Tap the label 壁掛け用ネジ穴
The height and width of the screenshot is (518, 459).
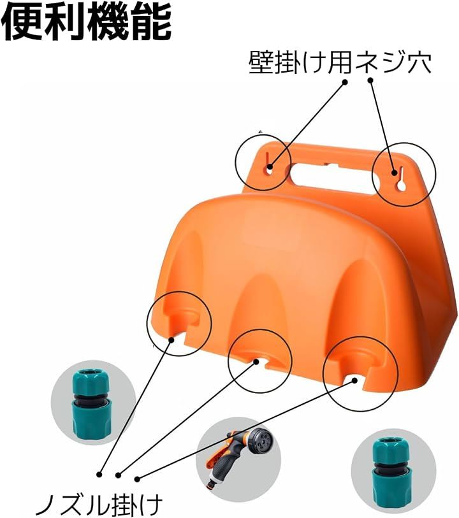pyautogui.click(x=340, y=62)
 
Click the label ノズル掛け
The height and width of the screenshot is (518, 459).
pyautogui.click(x=98, y=505)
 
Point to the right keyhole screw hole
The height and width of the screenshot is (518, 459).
pyautogui.click(x=401, y=180)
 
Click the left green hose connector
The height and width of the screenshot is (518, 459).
pyautogui.click(x=92, y=403)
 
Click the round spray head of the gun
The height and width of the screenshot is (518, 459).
pyautogui.click(x=261, y=443)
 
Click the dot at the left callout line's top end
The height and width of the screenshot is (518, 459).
pyautogui.click(x=345, y=82)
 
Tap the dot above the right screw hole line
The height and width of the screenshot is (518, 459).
pyautogui.click(x=370, y=80)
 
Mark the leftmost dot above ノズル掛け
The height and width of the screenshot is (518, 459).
pyautogui.click(x=99, y=474)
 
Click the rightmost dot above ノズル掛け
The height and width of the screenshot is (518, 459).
pyautogui.click(x=137, y=478)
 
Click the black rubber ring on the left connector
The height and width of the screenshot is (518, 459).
pyautogui.click(x=92, y=397)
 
